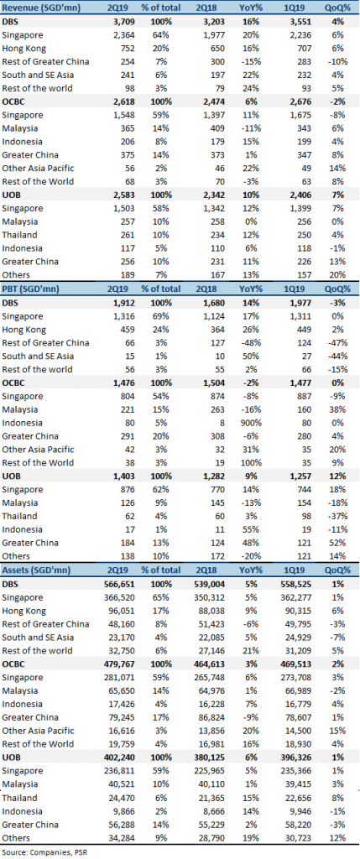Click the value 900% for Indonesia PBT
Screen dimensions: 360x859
tap(253, 423)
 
